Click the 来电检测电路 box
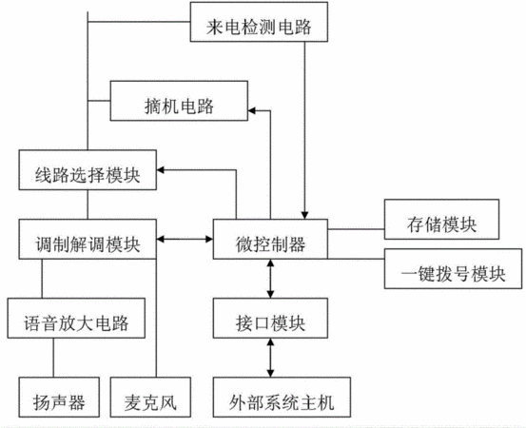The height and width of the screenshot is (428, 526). pos(259,22)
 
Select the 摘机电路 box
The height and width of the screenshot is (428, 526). pos(179,101)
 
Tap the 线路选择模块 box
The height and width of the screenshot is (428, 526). pos(88,170)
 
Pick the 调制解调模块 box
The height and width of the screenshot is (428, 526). pos(88,239)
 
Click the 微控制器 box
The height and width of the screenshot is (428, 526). pos(270,239)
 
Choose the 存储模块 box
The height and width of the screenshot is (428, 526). pos(441,220)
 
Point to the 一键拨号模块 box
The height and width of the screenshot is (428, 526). pos(453,268)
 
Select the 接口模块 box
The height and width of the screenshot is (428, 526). pos(270,318)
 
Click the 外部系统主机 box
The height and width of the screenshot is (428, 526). pos(282,398)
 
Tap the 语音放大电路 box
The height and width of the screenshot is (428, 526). pos(76,318)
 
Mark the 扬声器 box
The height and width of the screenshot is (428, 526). pos(59,398)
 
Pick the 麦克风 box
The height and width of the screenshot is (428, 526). pos(150,398)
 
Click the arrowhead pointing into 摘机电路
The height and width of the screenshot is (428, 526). pos(252,110)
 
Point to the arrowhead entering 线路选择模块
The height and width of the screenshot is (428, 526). pos(160,170)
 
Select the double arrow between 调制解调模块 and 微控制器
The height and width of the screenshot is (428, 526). pos(185,239)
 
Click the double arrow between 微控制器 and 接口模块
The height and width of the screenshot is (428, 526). pos(270,279)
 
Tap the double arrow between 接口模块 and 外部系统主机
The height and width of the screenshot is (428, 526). pos(270,358)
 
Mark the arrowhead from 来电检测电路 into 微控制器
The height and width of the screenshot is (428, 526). pos(304,215)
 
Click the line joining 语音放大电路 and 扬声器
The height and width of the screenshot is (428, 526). pos(53,358)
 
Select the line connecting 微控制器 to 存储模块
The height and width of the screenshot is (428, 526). pos(356,229)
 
